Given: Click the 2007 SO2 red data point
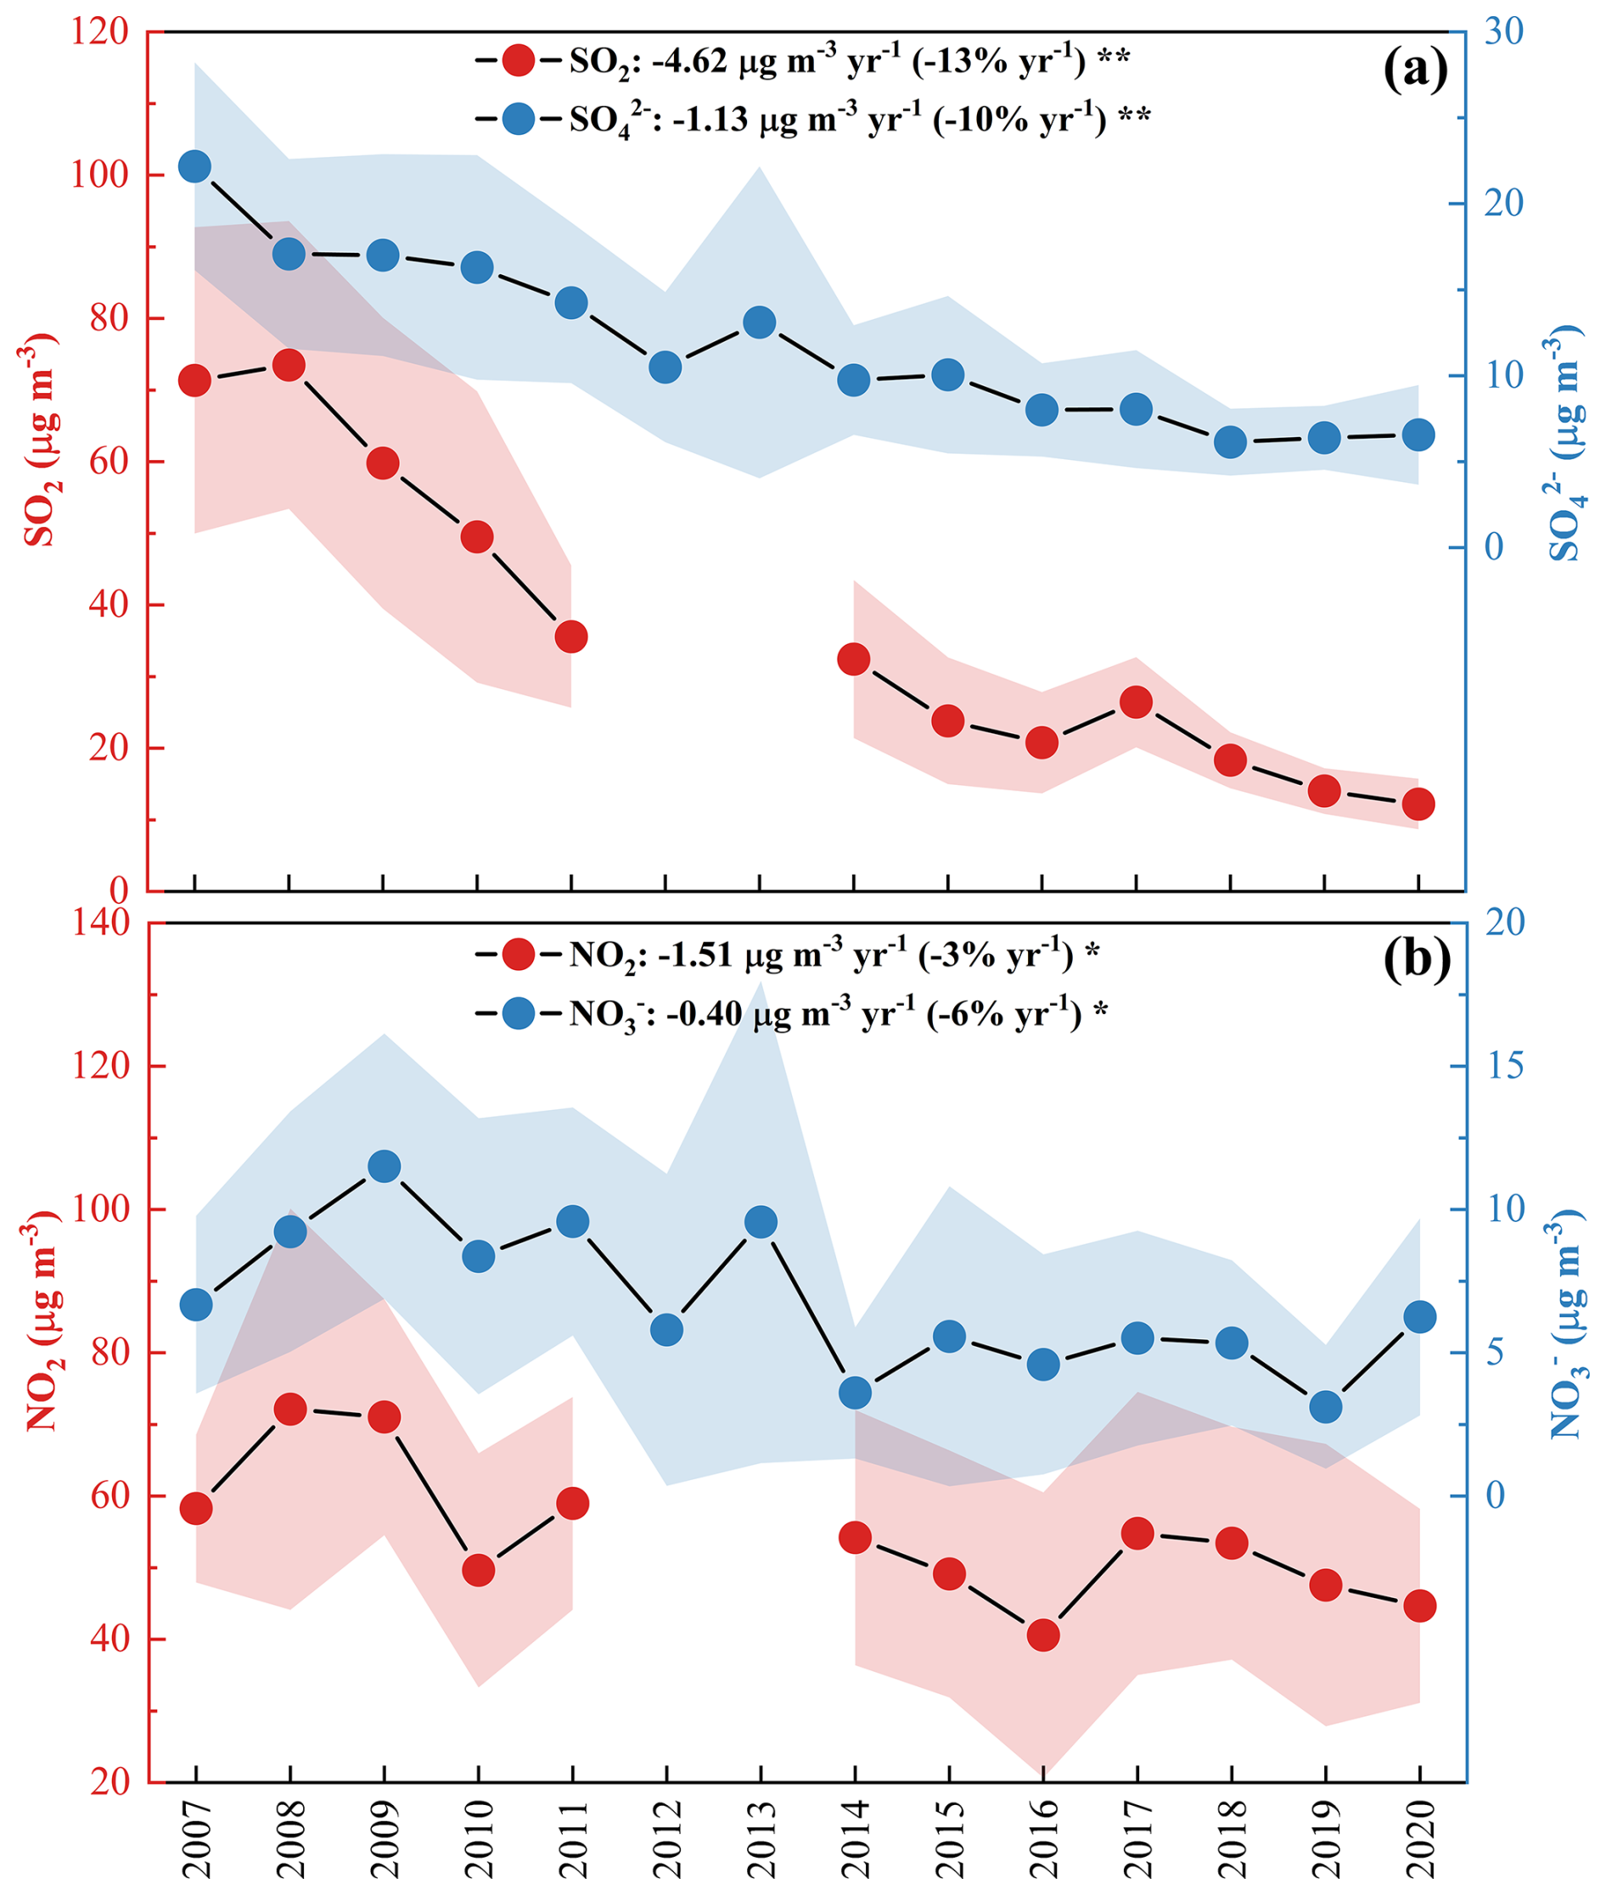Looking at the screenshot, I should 195,380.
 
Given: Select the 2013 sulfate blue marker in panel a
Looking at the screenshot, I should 760,322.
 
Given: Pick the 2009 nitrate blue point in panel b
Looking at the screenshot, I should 385,1166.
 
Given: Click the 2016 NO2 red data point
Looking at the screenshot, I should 1043,1634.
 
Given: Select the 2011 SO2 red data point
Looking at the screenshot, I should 570,636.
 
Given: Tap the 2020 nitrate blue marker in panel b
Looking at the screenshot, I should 1419,1316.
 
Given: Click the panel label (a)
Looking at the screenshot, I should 1415,71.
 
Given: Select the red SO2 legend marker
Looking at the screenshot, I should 518,61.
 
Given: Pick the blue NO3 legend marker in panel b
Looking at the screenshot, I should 518,1013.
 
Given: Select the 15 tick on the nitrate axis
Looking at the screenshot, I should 1504,1066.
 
